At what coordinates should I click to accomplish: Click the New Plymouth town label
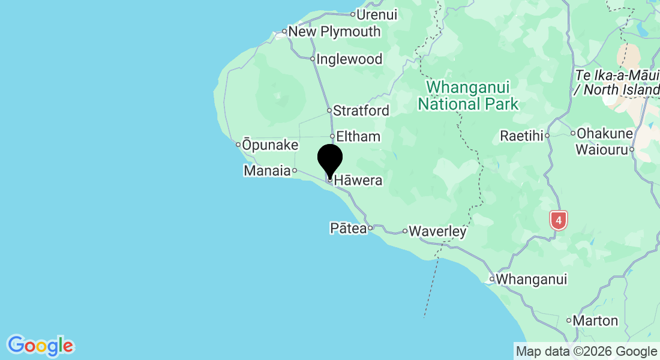coord(334,31)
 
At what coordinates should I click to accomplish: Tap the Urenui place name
coord(377,14)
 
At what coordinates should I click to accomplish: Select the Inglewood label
coord(349,59)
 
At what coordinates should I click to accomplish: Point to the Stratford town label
coord(361,110)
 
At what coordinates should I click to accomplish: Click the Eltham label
coord(359,136)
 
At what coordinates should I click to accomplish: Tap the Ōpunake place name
coord(270,144)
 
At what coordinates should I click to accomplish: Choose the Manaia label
coord(267,171)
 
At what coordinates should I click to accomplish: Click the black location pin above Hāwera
coord(329,160)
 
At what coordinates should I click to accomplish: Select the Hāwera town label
coord(358,180)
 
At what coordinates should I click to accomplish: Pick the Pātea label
coord(348,228)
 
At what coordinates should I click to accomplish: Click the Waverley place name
coord(438,231)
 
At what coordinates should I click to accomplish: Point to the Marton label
coord(595,320)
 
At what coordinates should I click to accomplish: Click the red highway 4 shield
coord(559,220)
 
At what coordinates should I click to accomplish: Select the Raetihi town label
coord(521,136)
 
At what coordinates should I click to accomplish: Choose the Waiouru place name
coord(601,149)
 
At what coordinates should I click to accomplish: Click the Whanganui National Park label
coord(468,95)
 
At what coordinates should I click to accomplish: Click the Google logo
coord(40,346)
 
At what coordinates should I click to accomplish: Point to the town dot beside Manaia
coord(295,170)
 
